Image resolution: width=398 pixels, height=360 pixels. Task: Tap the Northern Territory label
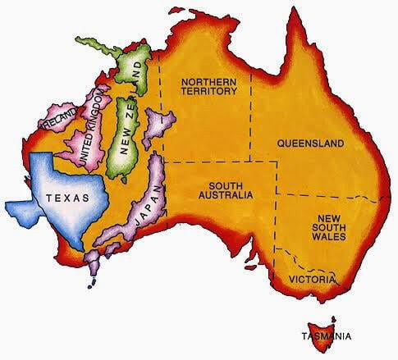pyautogui.click(x=210, y=86)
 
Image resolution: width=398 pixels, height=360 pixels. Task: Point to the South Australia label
pyautogui.click(x=223, y=190)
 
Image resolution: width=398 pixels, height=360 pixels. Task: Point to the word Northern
pyautogui.click(x=210, y=81)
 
